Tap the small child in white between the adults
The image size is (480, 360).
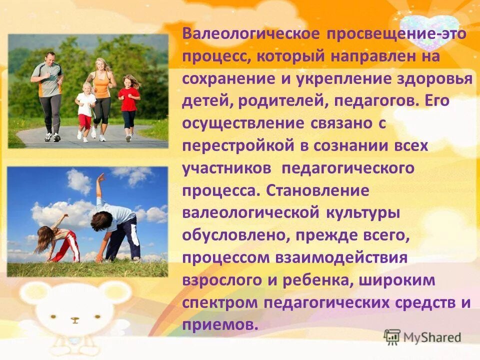[85, 107]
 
